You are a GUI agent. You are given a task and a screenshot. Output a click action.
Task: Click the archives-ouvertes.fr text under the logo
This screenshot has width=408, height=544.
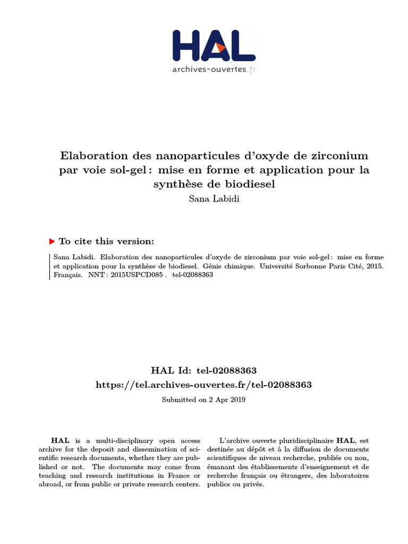click(214, 69)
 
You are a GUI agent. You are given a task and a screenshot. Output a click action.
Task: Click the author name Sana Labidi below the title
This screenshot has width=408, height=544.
click(204, 198)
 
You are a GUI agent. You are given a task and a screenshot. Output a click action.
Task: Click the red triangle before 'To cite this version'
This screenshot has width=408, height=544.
click(52, 241)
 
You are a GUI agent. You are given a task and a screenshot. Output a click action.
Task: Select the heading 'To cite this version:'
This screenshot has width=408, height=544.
click(106, 241)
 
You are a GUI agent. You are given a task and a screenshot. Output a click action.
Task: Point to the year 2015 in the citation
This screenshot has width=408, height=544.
click(375, 265)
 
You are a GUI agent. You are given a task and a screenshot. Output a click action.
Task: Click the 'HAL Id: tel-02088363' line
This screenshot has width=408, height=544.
click(204, 370)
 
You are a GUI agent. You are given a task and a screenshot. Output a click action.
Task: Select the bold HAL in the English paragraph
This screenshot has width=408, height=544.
click(57, 440)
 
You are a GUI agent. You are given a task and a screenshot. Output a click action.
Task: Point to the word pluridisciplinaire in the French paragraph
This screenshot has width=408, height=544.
click(304, 440)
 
